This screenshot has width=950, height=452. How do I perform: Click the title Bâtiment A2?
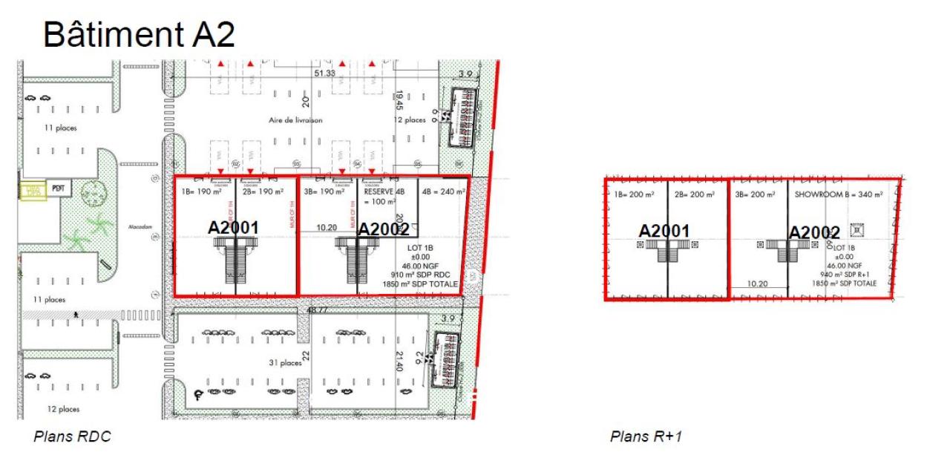pyautogui.click(x=139, y=34)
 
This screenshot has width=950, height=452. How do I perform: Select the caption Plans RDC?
pyautogui.click(x=72, y=436)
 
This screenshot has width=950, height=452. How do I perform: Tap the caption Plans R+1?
pyautogui.click(x=646, y=436)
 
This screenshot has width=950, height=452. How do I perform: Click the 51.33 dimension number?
pyautogui.click(x=325, y=73)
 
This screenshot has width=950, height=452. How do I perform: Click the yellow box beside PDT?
pyautogui.click(x=32, y=191)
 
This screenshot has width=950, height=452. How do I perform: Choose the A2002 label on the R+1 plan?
pyautogui.click(x=813, y=233)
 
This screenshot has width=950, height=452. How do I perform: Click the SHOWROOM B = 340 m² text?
pyautogui.click(x=839, y=194)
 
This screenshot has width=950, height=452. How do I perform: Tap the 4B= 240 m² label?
pyautogui.click(x=444, y=191)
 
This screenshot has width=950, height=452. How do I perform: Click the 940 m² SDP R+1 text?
pyautogui.click(x=844, y=275)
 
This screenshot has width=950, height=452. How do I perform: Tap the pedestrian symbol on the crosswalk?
pyautogui.click(x=76, y=315)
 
